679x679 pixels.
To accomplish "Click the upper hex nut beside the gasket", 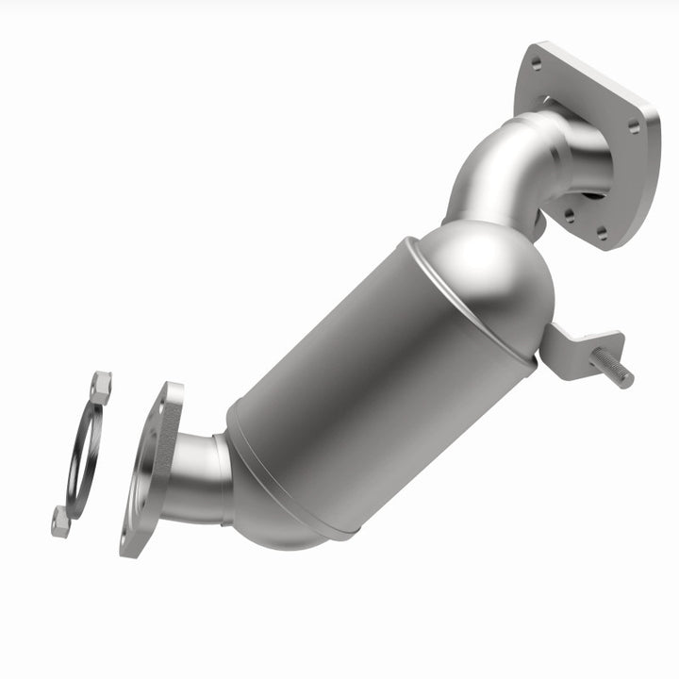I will [x=100, y=387].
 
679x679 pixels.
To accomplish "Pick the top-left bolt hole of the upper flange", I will [x=536, y=64].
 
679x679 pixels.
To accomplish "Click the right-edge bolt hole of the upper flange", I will [x=635, y=125].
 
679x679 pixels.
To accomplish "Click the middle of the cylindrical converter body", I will [x=377, y=387].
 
